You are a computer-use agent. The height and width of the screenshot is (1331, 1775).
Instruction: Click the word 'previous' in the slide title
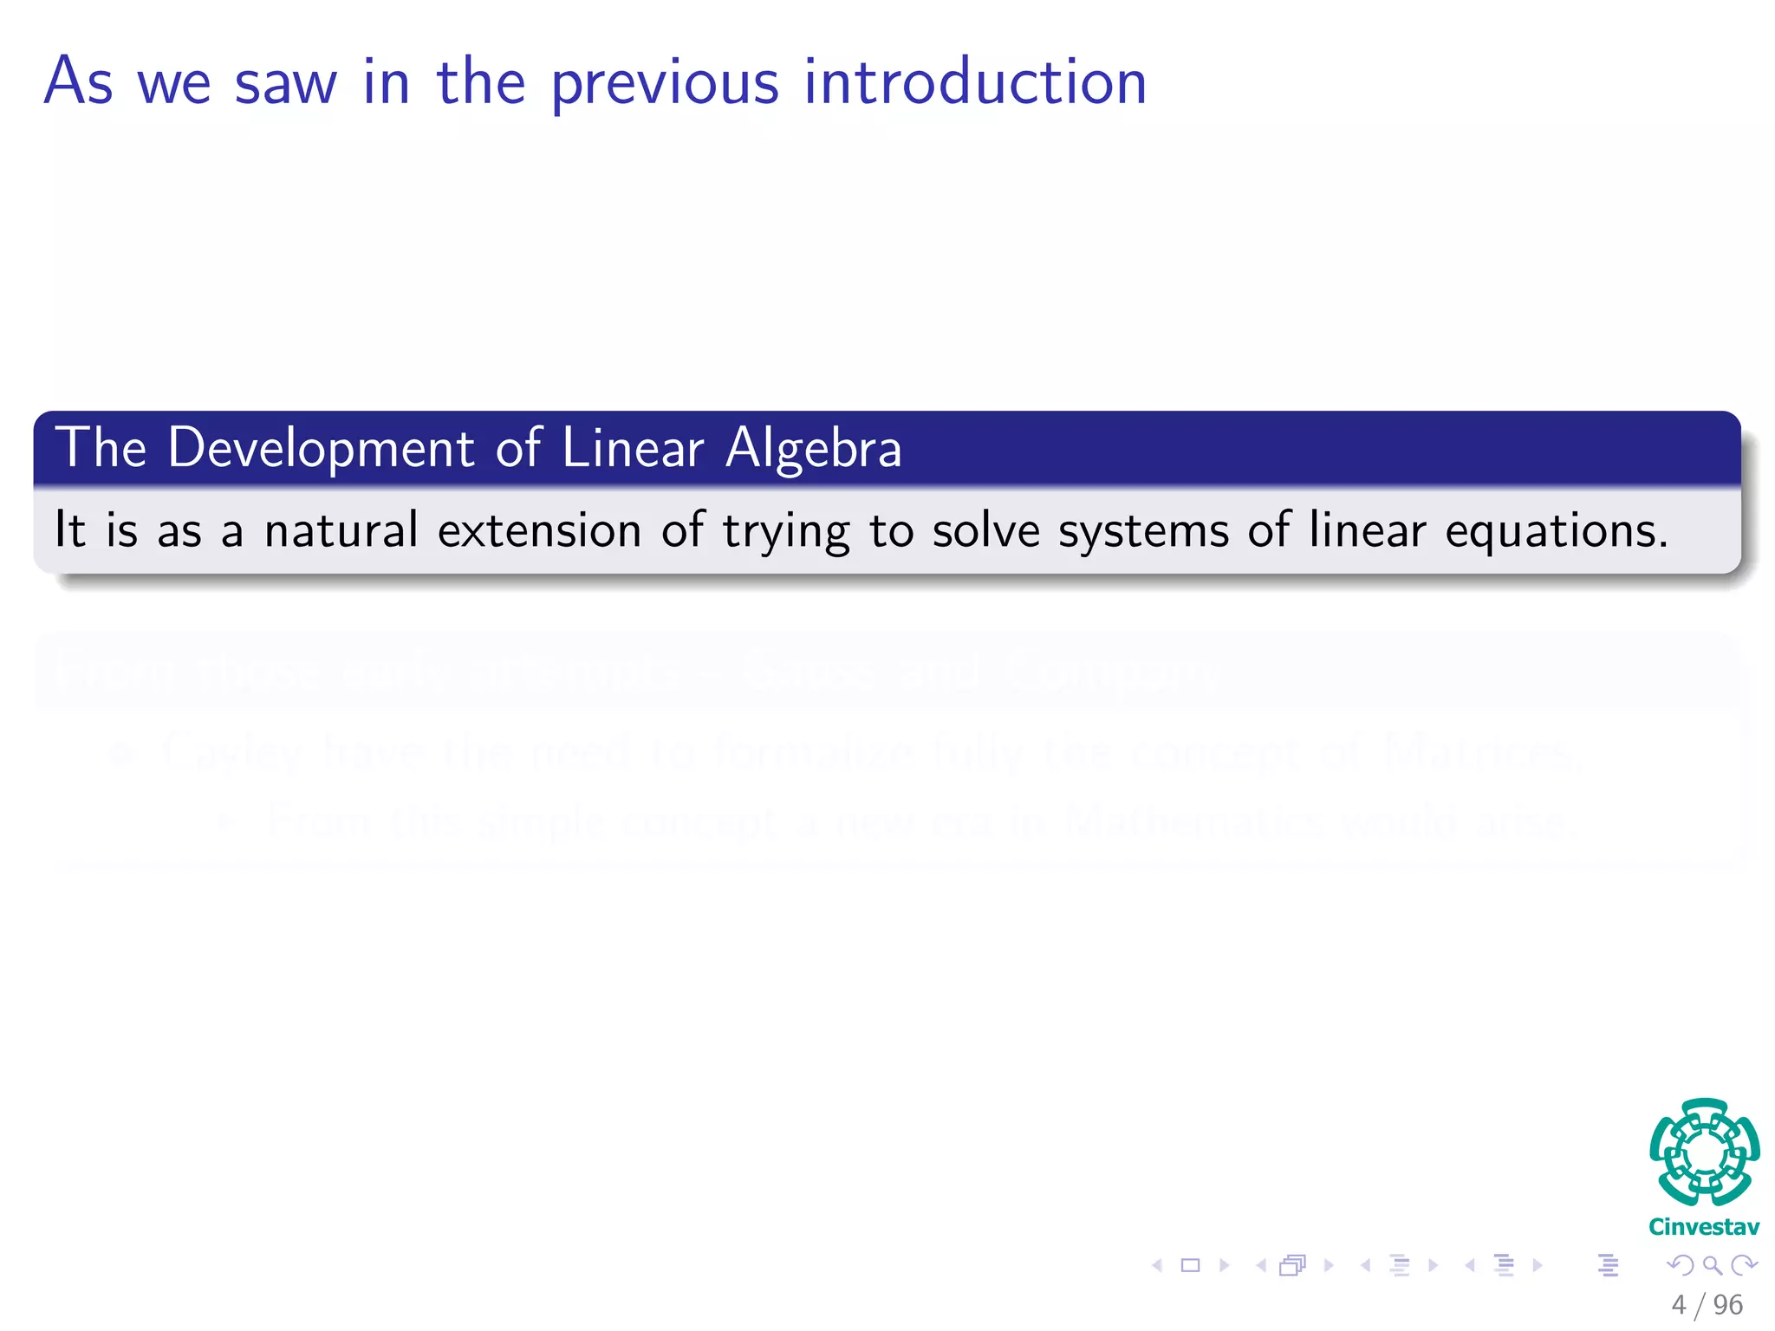[x=665, y=84]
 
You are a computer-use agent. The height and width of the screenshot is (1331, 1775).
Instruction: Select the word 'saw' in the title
[x=285, y=84]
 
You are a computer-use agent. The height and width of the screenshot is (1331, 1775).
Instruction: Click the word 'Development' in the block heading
[x=321, y=449]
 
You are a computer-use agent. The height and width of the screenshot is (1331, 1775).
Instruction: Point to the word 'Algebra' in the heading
[x=814, y=449]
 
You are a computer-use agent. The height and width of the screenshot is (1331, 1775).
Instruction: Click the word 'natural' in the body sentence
[x=341, y=529]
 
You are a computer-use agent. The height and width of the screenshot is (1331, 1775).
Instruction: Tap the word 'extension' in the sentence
[x=539, y=529]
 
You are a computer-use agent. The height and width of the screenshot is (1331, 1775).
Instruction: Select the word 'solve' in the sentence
[x=985, y=529]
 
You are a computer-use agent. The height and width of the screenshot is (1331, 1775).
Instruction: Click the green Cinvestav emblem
[x=1704, y=1152]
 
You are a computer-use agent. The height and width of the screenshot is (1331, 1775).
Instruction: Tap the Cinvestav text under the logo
[x=1704, y=1227]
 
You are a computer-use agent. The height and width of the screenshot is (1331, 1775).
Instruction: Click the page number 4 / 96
[x=1707, y=1304]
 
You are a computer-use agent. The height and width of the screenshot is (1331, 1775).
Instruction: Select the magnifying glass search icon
[x=1712, y=1265]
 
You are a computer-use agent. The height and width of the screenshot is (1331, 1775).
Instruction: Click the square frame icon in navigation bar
[x=1191, y=1265]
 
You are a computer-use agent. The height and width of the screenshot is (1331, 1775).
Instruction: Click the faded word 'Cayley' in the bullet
[x=232, y=752]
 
